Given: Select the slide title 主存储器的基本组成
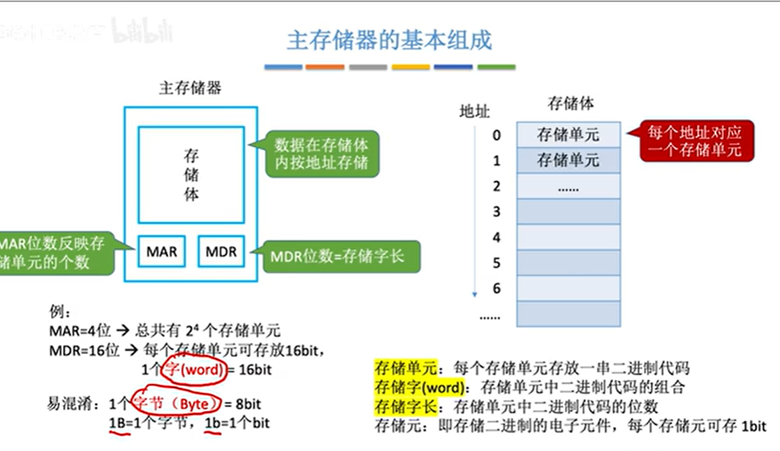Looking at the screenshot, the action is coord(389,41).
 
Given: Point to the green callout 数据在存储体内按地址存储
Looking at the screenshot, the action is coord(321,154).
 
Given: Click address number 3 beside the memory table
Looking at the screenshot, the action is coord(496,211).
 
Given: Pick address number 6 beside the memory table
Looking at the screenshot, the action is coord(496,288).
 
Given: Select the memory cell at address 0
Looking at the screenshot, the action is coord(568,134).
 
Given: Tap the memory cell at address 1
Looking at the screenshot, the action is coord(568,160).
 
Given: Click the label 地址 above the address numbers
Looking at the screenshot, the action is coord(475,112).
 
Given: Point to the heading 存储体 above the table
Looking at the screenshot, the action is coord(570,103).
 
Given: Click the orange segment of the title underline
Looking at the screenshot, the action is coord(324,67).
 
